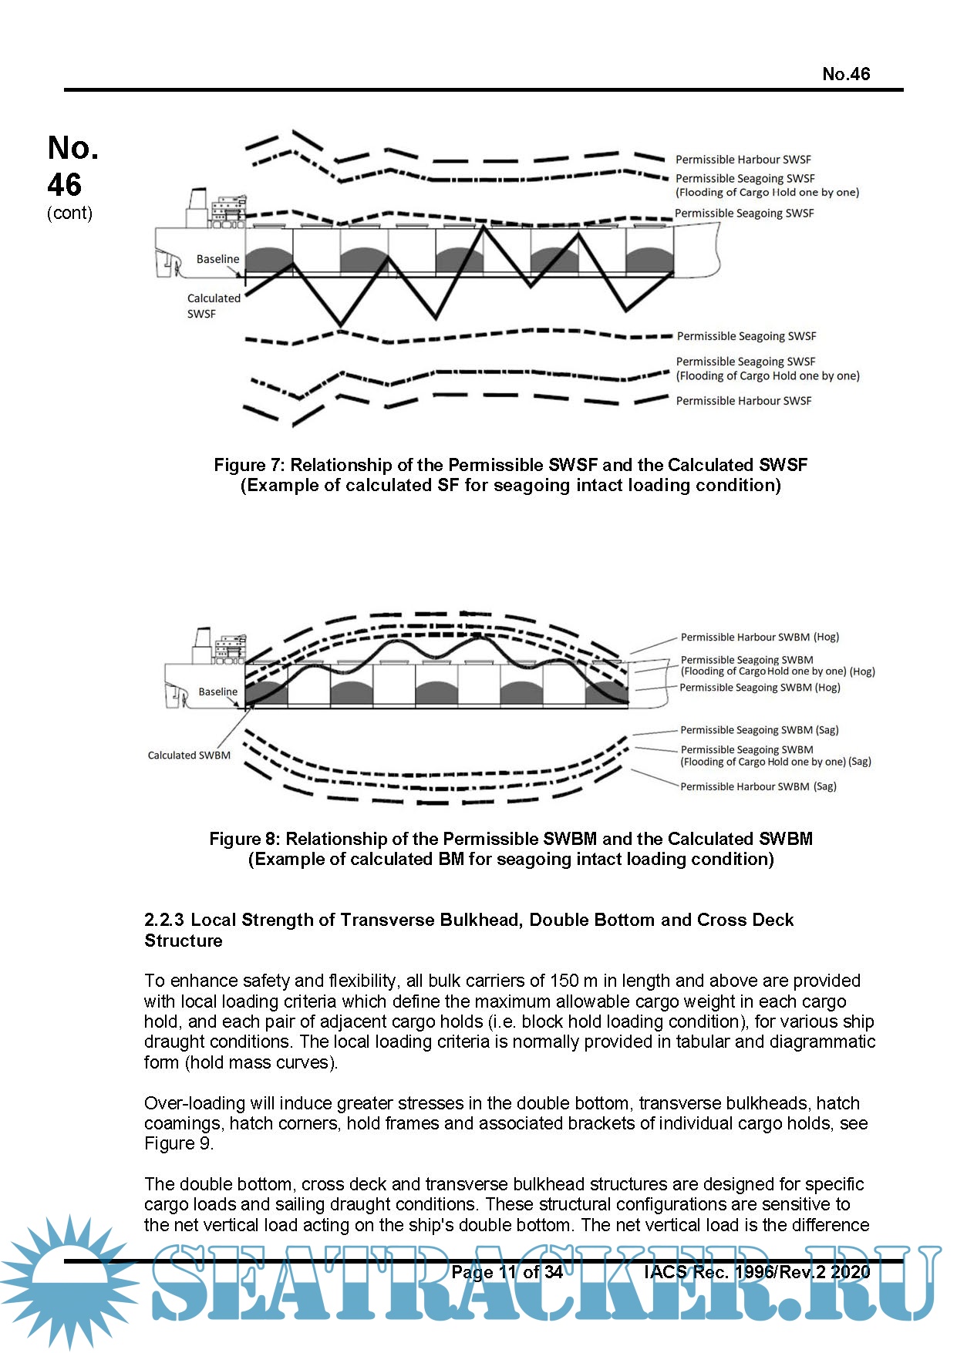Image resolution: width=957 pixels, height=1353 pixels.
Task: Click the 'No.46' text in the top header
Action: coord(845,74)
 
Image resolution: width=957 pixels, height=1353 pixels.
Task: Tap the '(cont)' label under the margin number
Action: coord(69,213)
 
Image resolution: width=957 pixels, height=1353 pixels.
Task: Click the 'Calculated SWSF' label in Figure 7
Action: coord(213,306)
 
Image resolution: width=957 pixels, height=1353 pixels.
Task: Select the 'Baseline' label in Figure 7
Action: coord(217,259)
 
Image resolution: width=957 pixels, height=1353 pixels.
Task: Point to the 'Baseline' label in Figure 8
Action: coord(217,692)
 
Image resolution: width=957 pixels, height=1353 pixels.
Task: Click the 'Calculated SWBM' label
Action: coord(189,756)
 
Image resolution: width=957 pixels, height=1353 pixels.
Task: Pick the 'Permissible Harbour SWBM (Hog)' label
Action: coord(759,638)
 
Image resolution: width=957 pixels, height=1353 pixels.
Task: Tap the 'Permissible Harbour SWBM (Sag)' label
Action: coord(757,786)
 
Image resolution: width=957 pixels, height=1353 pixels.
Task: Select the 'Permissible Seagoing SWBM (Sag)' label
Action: coord(759,730)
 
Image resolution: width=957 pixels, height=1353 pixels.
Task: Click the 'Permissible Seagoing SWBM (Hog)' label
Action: coord(759,688)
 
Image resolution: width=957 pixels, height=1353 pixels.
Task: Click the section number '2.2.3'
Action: coord(163,920)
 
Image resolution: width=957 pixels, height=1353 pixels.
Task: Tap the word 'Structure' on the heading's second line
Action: coord(184,941)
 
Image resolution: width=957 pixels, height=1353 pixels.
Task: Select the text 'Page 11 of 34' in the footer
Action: coord(507,1272)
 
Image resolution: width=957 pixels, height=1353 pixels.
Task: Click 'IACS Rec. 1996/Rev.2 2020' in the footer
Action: coord(757,1272)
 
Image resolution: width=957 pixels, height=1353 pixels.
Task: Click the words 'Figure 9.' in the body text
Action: coord(178,1143)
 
